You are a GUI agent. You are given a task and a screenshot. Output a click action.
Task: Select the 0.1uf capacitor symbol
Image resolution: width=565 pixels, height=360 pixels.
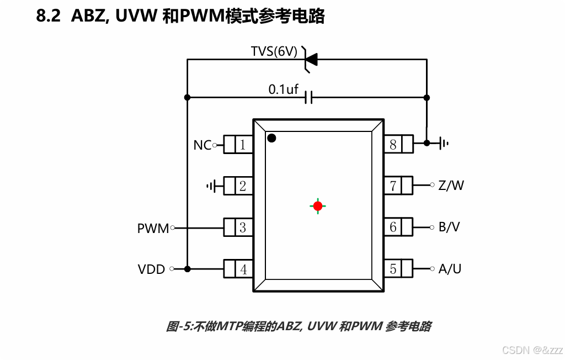coord(309,98)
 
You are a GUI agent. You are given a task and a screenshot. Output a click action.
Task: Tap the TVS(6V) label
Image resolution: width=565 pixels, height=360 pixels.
coord(274,52)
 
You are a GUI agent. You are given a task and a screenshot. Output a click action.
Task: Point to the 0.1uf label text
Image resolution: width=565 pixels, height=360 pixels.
coord(283,88)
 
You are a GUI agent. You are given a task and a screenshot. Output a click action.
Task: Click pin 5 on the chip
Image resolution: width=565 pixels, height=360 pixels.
coord(393,269)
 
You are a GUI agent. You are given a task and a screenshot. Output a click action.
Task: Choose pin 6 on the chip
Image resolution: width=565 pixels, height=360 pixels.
coord(393,227)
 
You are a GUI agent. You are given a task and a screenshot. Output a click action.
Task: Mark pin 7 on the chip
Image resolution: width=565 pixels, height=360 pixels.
coord(393,186)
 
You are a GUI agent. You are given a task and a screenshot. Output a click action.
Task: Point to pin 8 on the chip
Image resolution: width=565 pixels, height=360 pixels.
coord(393,145)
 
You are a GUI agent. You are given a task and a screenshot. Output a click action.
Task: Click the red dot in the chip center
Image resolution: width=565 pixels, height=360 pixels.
coord(317,206)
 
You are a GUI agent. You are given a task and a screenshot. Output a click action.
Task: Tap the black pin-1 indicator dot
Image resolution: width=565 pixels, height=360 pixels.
coord(271,138)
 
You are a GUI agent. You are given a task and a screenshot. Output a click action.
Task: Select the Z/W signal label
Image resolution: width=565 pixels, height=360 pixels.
coord(451,186)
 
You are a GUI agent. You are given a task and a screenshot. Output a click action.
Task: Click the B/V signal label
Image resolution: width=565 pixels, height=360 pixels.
coord(449,227)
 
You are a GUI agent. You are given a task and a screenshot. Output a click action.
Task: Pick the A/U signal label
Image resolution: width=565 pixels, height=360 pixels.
coord(450,269)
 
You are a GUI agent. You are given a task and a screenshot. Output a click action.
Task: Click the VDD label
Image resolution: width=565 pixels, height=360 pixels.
coord(152,269)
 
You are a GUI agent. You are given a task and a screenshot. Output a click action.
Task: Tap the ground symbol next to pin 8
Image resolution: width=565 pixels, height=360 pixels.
coord(444,144)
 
